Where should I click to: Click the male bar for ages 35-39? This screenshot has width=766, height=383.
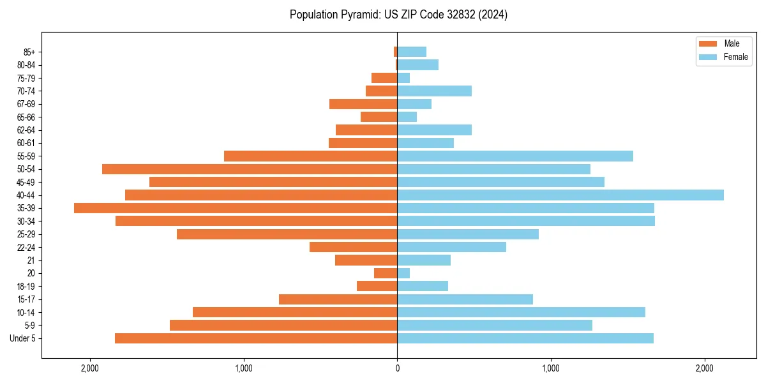tap(236, 208)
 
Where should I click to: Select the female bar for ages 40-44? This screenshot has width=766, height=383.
tap(560, 195)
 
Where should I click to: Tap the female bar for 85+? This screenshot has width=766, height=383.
tap(412, 52)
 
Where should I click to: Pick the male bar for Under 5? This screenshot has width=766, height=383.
tap(256, 338)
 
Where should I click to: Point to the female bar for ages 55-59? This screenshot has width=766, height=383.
tap(515, 156)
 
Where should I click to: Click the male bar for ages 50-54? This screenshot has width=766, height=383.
tap(250, 169)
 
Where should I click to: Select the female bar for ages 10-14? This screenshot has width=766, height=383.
tap(521, 312)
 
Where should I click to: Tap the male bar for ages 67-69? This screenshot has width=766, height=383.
tap(363, 104)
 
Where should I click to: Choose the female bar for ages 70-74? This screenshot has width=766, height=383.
tap(434, 91)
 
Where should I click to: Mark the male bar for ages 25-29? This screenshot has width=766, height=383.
tap(287, 234)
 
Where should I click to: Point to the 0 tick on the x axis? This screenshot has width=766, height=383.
tap(397, 368)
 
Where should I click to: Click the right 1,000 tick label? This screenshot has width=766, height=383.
tap(551, 368)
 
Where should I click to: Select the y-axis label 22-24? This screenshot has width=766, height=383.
tap(26, 247)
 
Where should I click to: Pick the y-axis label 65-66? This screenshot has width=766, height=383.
tap(26, 117)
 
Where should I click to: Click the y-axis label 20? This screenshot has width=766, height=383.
tap(31, 273)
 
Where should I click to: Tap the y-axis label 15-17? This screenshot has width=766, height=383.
tap(26, 299)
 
